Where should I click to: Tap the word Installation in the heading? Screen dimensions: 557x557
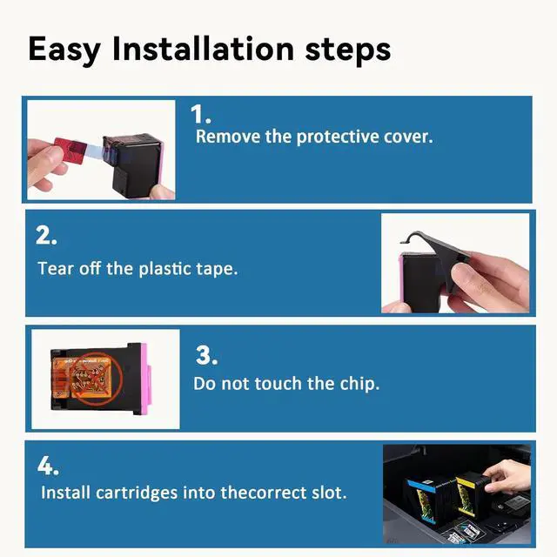click(x=203, y=49)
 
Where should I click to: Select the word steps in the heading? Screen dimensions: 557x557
click(x=348, y=50)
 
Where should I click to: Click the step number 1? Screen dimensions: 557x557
click(x=200, y=114)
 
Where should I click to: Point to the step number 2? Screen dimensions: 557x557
click(x=46, y=235)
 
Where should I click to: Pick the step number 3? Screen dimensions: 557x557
click(x=206, y=355)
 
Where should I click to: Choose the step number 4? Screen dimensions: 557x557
click(x=48, y=466)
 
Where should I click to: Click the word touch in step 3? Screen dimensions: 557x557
click(x=278, y=384)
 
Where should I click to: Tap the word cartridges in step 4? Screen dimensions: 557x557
click(x=137, y=493)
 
